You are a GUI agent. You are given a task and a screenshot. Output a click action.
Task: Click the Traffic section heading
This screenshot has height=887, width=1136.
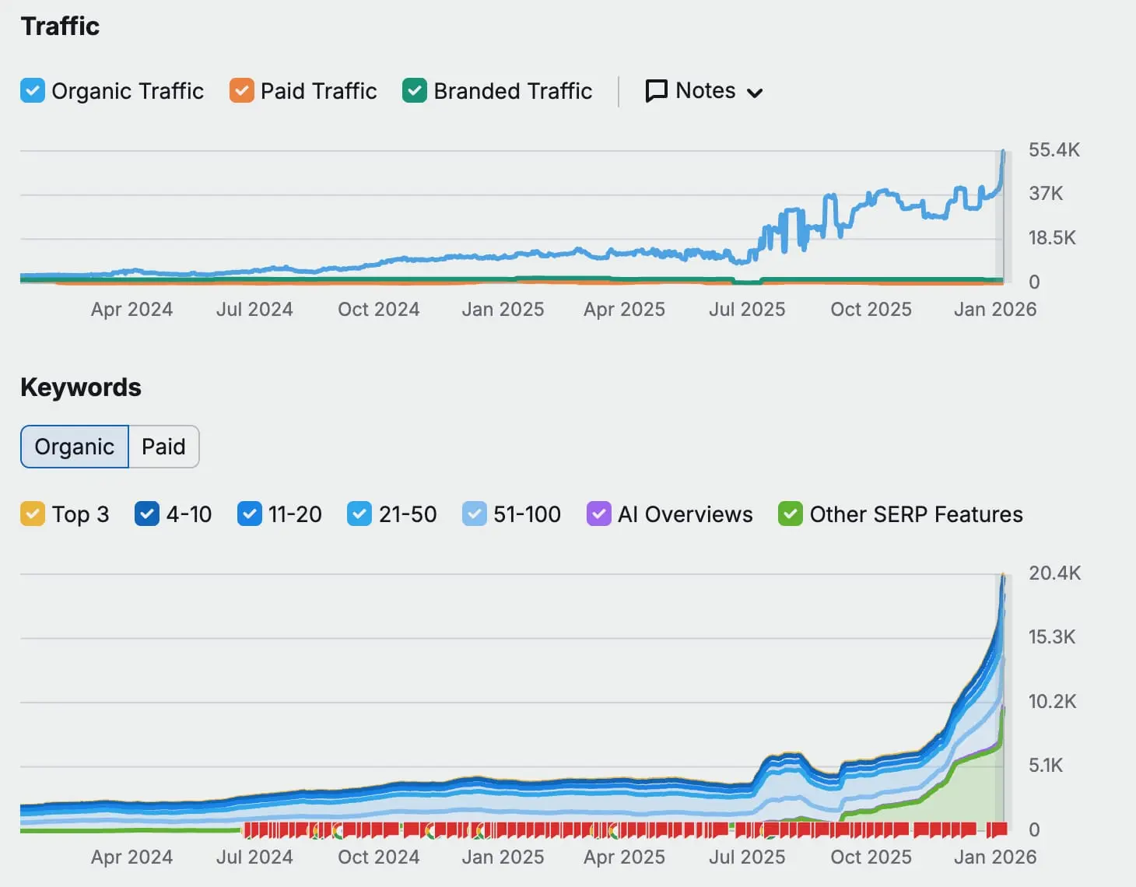pos(60,26)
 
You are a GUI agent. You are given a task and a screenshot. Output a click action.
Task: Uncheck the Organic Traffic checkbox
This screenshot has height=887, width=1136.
pos(33,90)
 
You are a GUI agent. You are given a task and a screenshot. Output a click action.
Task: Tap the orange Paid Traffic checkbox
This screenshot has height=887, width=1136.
pos(242,90)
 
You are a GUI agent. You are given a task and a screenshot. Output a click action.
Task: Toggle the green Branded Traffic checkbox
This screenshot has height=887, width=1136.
pos(415,90)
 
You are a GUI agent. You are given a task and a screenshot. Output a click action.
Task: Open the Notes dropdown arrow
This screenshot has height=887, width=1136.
pos(754,93)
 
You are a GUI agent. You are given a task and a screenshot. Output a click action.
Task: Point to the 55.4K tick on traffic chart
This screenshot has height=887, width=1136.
pos(1054,149)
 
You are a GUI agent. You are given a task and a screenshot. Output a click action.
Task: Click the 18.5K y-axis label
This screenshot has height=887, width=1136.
pos(1051,237)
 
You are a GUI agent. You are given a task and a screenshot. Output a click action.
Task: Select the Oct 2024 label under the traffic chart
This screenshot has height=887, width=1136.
pos(378,309)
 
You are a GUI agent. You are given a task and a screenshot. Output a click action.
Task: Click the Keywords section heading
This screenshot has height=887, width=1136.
pos(81,387)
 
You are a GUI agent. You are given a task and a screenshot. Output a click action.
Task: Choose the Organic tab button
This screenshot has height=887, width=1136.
pos(75,447)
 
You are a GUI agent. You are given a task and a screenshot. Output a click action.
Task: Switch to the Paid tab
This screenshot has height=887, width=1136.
pos(163,447)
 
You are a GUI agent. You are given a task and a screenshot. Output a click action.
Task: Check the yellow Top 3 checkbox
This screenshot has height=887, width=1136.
pos(33,514)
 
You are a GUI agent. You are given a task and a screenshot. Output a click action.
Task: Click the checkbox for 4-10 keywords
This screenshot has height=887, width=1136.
pos(147,514)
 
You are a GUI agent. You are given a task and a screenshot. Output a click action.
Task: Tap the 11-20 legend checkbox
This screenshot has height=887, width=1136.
pos(250,514)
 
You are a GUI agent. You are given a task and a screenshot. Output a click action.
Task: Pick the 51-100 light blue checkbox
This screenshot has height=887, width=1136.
pos(475,514)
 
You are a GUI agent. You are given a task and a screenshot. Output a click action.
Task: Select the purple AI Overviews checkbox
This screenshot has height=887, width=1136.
pos(598,514)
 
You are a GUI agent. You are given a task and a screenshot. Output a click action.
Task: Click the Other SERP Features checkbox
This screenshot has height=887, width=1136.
pos(791,514)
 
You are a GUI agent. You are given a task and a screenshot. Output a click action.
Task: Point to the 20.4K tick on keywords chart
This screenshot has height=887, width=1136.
pos(1054,573)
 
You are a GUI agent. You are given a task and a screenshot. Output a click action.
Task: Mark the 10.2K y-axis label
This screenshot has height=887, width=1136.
pos(1052,701)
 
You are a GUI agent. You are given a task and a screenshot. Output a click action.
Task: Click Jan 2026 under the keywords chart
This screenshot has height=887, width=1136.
pos(994,857)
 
